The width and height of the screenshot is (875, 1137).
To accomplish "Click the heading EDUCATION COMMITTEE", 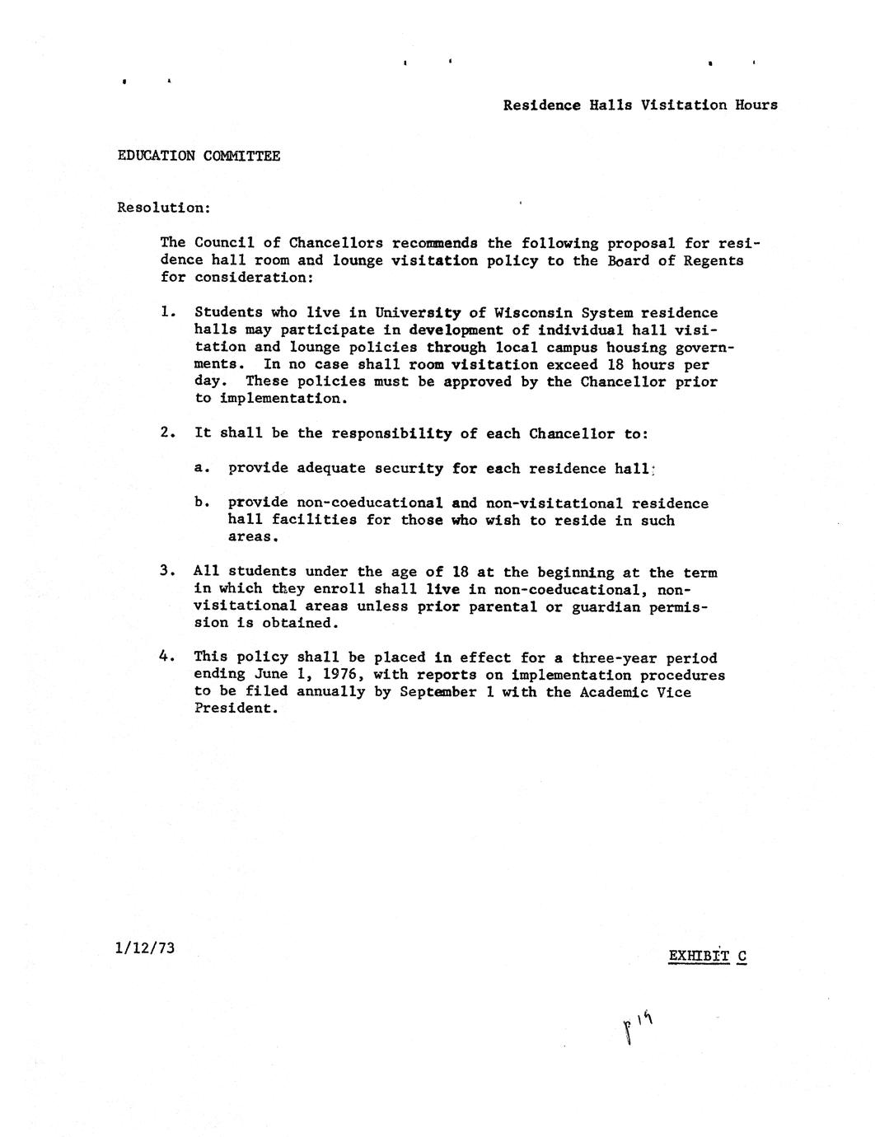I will (199, 156).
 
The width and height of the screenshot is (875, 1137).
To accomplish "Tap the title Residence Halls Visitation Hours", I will (640, 105).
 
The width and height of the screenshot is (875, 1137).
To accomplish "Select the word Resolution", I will (162, 207).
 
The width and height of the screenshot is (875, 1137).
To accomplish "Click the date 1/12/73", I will (146, 947).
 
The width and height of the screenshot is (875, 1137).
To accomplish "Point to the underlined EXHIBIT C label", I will (707, 956).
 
